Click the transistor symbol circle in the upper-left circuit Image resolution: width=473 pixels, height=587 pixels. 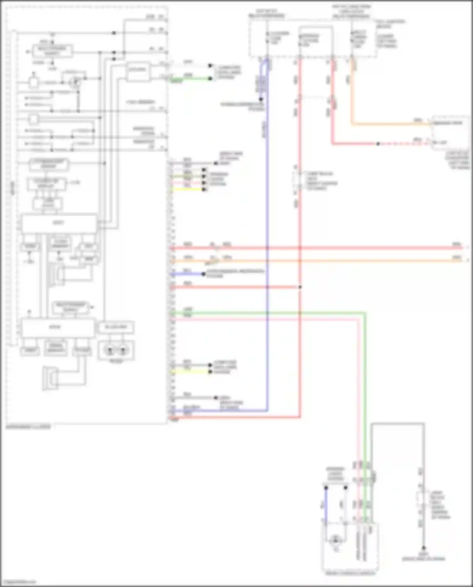(75, 82)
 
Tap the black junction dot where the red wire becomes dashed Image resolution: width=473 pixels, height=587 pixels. (378, 144)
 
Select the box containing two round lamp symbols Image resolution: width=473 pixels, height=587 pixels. (116, 350)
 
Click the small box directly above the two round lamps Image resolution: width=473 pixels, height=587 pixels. (116, 327)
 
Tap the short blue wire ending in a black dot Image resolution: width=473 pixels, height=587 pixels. (188, 274)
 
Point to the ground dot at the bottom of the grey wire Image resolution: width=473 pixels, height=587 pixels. (423, 548)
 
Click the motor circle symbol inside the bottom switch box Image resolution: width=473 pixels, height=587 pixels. (335, 541)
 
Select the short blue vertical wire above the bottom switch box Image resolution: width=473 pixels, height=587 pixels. (326, 505)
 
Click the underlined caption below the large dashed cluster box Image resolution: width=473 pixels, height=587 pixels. (28, 427)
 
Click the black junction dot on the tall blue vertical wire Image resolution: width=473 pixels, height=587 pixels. (261, 99)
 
